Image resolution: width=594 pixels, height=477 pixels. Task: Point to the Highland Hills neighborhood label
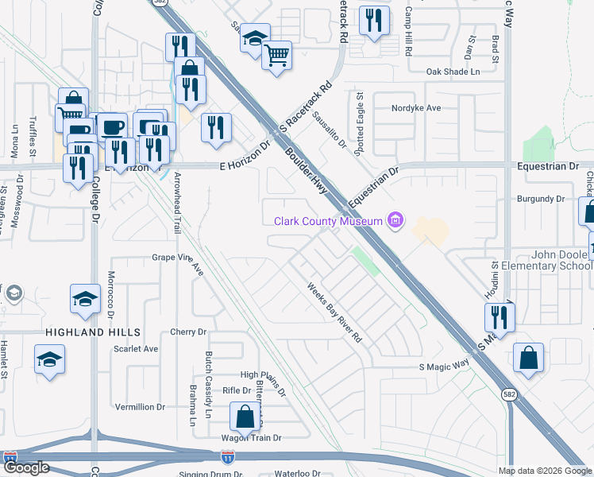coord(94,332)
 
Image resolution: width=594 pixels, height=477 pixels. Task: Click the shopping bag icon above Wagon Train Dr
coord(245,417)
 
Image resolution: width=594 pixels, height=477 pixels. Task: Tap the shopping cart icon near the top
coord(277,56)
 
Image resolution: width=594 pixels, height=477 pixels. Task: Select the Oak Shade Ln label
coord(453,72)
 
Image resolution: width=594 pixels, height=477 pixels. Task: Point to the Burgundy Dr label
coord(540,199)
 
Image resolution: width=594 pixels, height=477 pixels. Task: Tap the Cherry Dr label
coord(188,332)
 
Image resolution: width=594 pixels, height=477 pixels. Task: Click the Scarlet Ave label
coord(136,348)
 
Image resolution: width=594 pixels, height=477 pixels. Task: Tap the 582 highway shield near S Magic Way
coord(508,393)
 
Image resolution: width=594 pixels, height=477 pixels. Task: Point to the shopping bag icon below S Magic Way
coord(528,359)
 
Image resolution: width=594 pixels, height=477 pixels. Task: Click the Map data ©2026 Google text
coord(545,471)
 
